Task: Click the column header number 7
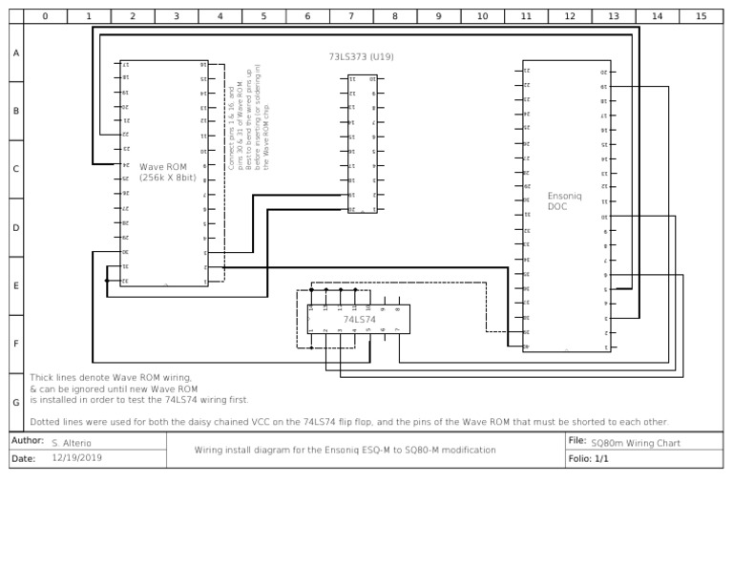click(350, 16)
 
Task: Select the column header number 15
click(701, 16)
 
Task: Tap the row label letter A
click(15, 53)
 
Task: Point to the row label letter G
click(15, 403)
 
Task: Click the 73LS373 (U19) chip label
click(361, 57)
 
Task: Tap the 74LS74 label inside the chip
click(360, 319)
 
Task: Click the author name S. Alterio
click(72, 444)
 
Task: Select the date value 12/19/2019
click(76, 458)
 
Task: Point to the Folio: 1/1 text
click(588, 458)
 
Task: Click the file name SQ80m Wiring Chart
click(636, 444)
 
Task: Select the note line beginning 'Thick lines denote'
click(111, 378)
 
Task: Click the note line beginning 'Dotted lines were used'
click(349, 421)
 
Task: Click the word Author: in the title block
click(28, 442)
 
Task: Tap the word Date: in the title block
click(23, 458)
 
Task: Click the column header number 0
click(45, 16)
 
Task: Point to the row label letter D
click(15, 228)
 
